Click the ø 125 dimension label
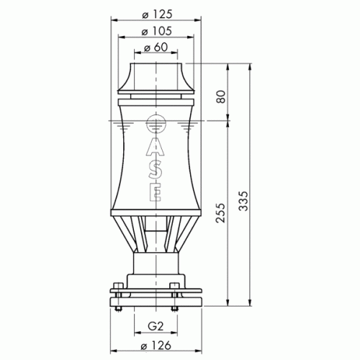(x=157, y=14)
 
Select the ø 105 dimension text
(x=157, y=31)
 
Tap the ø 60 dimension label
(x=156, y=48)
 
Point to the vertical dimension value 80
(x=221, y=96)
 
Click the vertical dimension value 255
(x=221, y=213)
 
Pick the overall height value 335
(x=243, y=201)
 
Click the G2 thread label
(x=156, y=326)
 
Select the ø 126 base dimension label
(x=156, y=346)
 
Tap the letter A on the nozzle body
(x=156, y=146)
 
